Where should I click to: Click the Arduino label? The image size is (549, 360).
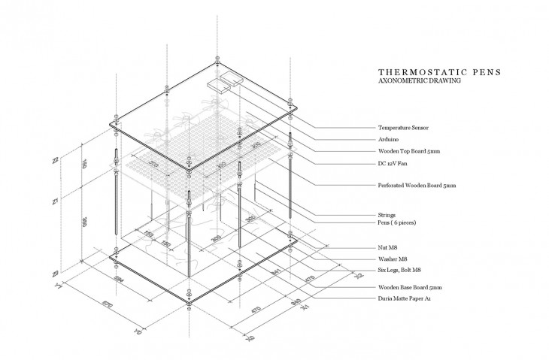tap(389, 139)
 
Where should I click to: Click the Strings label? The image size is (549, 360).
tap(387, 216)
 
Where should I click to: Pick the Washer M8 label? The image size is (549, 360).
tap(392, 259)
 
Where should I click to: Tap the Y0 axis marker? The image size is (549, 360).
tap(137, 329)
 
